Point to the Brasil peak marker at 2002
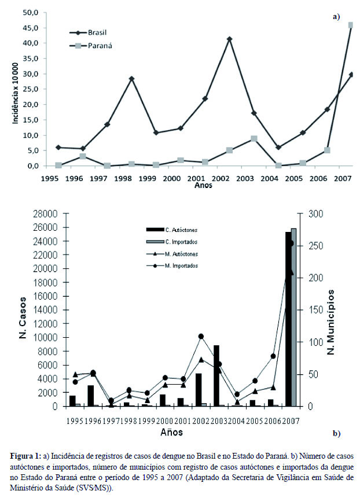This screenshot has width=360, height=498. [230, 39]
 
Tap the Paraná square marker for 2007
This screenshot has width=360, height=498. [351, 25]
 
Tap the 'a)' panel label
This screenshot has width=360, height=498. [336, 17]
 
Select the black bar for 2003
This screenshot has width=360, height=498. [216, 375]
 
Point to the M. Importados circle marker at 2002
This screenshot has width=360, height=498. [201, 336]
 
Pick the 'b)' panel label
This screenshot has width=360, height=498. [336, 433]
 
